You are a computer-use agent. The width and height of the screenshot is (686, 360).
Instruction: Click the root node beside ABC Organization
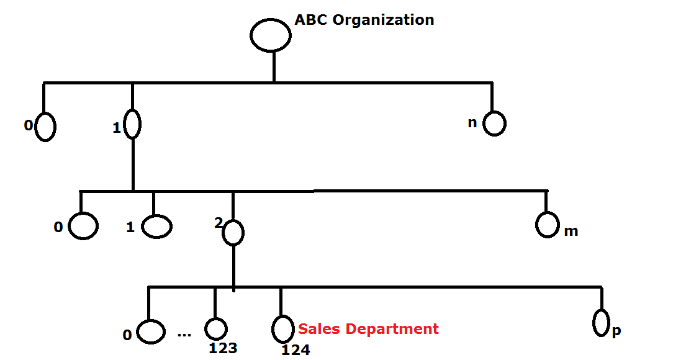tap(271, 35)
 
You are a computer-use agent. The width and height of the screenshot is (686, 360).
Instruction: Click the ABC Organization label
tap(364, 20)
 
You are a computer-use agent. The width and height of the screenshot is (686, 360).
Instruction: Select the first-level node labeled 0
tap(45, 127)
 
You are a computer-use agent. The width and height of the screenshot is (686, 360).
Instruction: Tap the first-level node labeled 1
tap(132, 124)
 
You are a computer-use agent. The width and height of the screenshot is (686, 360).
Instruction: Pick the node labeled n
tap(494, 124)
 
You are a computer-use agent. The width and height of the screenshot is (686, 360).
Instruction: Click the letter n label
tap(472, 123)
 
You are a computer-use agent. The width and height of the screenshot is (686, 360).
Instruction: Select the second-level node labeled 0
tap(83, 226)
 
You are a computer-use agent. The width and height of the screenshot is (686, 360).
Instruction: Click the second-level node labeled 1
tap(156, 227)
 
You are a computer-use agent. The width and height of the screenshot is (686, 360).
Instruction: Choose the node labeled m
tap(547, 225)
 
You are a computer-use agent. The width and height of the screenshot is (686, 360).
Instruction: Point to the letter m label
tap(571, 232)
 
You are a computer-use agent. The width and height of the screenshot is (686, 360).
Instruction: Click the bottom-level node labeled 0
tap(150, 331)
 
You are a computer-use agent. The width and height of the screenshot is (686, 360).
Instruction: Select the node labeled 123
tap(216, 329)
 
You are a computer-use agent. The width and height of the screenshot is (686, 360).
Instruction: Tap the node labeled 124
tap(282, 328)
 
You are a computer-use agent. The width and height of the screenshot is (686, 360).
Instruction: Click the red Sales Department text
tap(368, 329)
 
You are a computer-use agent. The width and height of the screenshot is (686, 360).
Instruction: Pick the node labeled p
tap(600, 322)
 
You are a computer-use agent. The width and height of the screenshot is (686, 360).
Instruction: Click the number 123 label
tap(223, 348)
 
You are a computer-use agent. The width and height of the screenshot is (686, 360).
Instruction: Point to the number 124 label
tap(296, 350)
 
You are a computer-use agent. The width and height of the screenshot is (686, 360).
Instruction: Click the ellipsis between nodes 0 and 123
tap(184, 335)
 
